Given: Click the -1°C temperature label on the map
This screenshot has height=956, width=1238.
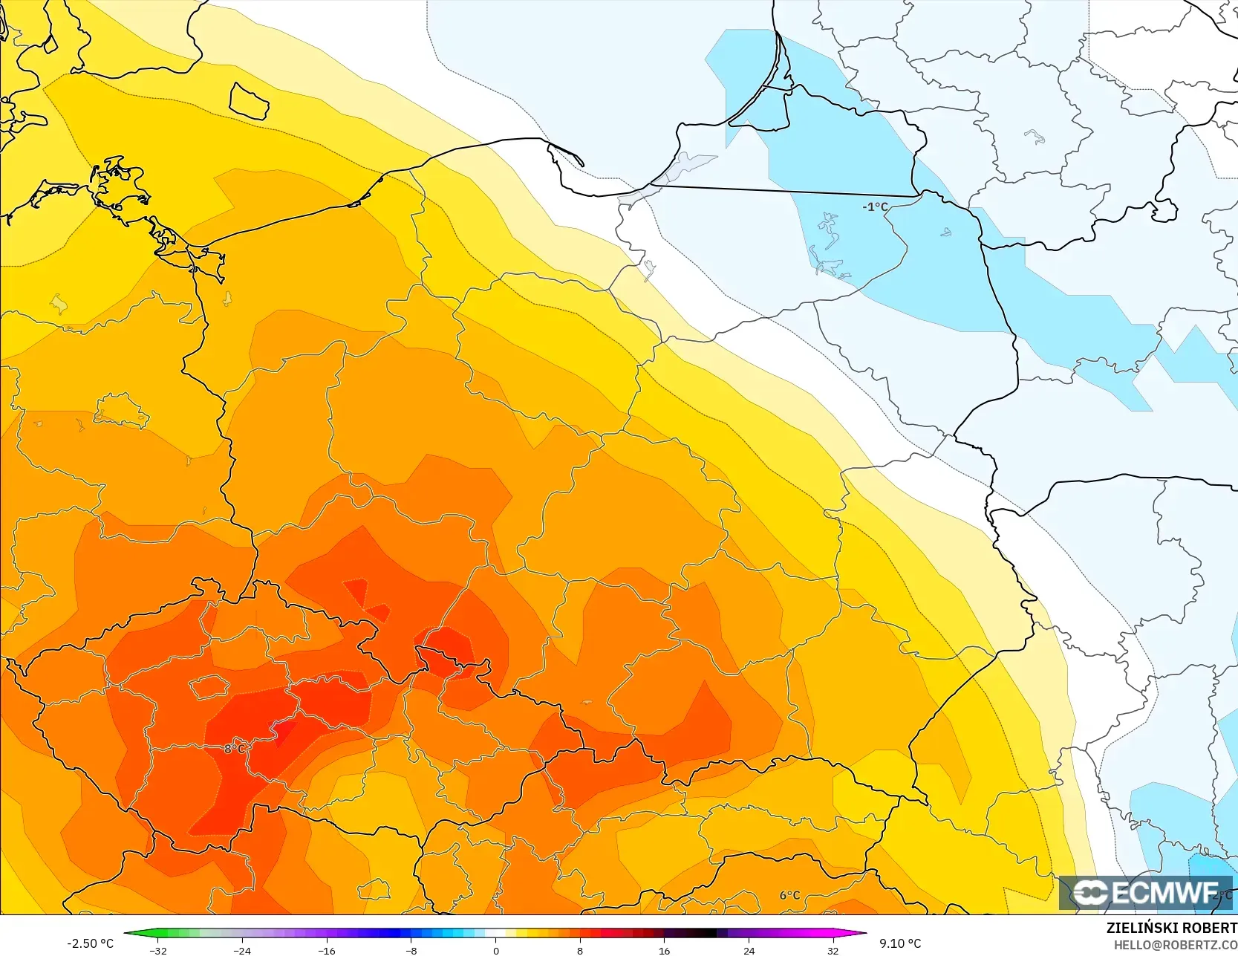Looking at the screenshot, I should [875, 207].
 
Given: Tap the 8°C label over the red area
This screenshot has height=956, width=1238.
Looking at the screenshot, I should [234, 749].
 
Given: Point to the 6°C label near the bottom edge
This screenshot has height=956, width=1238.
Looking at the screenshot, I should [789, 895].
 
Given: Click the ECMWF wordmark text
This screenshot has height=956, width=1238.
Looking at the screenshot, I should [1165, 893].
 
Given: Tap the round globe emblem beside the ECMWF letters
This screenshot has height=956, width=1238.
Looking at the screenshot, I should [1090, 893].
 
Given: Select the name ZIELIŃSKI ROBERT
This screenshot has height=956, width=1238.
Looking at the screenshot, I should [1171, 928].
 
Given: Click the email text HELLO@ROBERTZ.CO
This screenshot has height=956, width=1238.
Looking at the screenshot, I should [1175, 945].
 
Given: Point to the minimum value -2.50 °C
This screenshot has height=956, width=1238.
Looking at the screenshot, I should [91, 943].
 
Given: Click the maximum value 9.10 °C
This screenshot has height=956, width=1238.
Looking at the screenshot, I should [900, 943].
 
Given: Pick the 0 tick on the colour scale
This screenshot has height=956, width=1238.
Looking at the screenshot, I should [495, 951].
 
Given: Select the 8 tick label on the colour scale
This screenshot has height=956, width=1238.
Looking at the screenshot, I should [580, 951].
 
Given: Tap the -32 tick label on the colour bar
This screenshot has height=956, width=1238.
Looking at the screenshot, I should [157, 951].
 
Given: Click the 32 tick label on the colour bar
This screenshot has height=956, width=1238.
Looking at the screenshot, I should [833, 951].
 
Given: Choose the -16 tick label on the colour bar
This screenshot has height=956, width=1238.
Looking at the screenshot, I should [327, 951].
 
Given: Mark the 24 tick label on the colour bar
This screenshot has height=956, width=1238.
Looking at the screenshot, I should [749, 951].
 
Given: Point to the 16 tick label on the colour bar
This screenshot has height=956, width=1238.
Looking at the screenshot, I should [664, 951].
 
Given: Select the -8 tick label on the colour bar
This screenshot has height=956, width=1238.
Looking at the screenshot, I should [411, 951].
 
